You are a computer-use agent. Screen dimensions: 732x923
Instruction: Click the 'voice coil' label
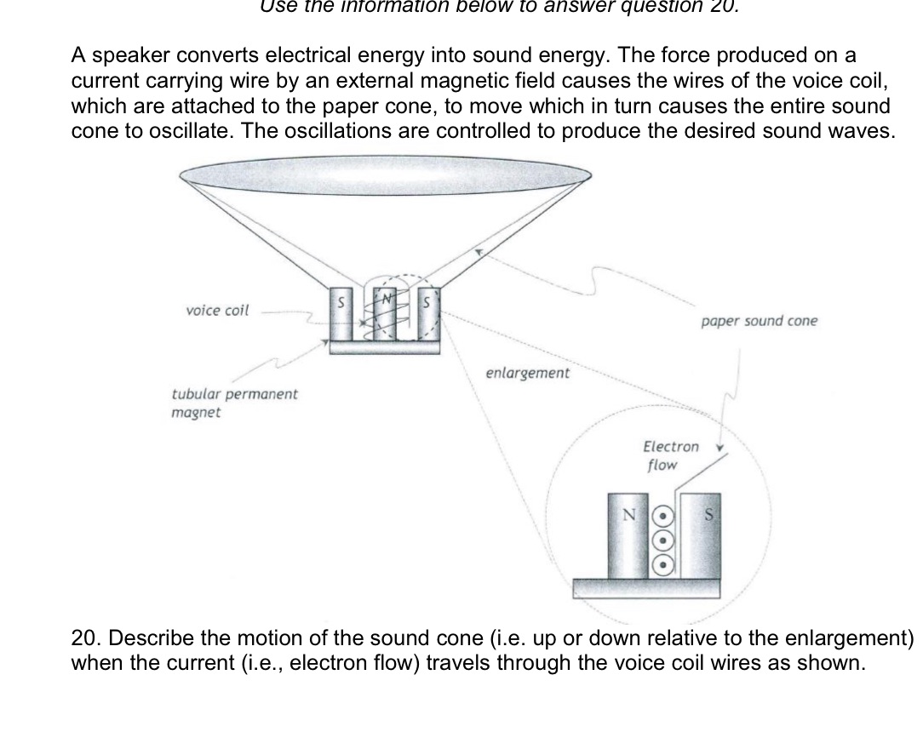point(217,311)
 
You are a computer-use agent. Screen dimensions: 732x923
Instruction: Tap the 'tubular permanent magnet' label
point(234,403)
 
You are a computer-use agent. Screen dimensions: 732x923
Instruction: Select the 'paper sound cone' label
point(759,322)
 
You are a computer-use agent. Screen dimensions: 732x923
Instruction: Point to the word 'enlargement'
point(527,373)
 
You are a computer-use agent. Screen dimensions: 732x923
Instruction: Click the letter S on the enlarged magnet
point(707,515)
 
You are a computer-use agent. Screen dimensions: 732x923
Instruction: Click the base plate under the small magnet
point(386,346)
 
